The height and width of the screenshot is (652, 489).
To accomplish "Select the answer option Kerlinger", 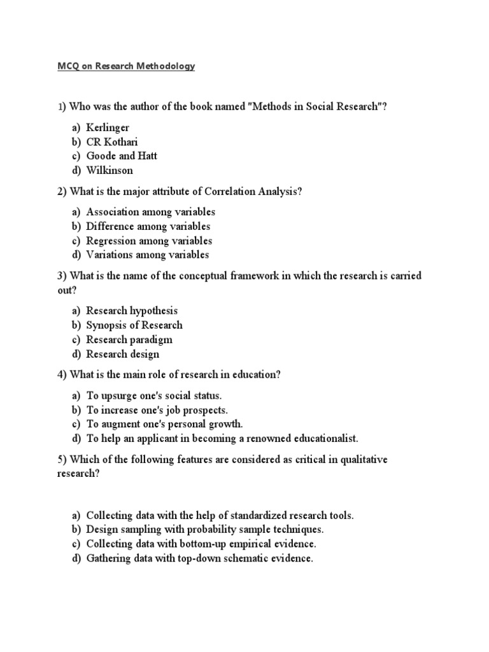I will click(x=108, y=127).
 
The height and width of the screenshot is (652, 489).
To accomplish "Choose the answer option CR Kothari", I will click(x=112, y=141).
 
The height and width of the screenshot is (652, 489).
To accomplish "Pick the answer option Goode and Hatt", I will click(x=122, y=155).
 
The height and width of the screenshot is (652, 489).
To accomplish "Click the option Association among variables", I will click(x=150, y=212).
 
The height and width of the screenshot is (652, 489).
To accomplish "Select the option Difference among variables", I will click(x=148, y=226).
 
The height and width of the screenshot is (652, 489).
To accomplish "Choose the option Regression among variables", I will click(x=149, y=241).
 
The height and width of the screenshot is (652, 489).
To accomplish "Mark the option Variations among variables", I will click(x=147, y=255).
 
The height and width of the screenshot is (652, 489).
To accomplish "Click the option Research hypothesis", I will click(x=132, y=311).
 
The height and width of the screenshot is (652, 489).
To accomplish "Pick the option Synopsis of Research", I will click(x=134, y=325).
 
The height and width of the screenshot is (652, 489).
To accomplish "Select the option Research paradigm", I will click(x=129, y=339).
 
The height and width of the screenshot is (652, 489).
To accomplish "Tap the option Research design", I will click(x=123, y=353).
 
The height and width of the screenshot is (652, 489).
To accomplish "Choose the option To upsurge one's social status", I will click(x=153, y=395).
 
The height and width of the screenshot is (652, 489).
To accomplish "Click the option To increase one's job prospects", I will click(x=157, y=409).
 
